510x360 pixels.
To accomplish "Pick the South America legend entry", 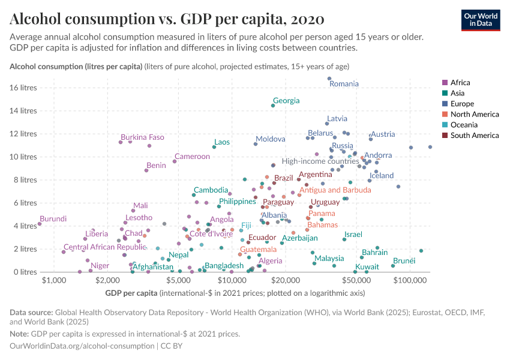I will pos(470,136).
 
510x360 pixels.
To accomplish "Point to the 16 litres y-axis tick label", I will pos(24,88).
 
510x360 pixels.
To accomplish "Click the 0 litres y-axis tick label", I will pos(26,272).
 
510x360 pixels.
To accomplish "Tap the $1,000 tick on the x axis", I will pos(55,280).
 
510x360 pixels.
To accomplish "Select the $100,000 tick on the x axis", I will pos(410,280).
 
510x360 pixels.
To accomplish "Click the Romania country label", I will pos(344,84).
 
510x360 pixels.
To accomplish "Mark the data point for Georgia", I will pos(273,106).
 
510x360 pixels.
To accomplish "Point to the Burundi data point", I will pos(40,224).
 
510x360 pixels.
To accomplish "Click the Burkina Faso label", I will pos(143,137).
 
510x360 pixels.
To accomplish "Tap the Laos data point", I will pos(214,147).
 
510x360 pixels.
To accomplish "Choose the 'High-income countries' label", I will pos(320,161).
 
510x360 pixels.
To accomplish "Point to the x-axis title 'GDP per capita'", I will pos(131,293).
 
